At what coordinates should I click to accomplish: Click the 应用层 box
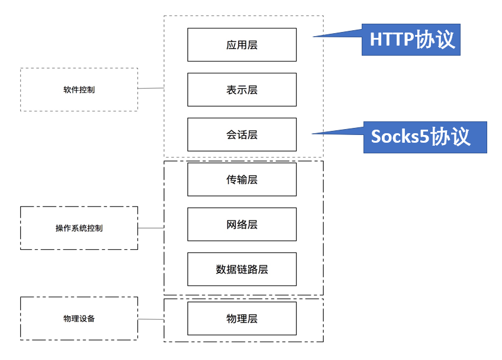(242, 44)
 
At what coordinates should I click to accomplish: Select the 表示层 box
(242, 89)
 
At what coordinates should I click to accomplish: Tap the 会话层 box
(242, 134)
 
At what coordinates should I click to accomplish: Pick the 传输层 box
(242, 179)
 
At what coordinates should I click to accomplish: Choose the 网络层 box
(242, 224)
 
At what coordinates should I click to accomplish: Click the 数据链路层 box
(242, 269)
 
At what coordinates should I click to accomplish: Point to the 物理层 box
(242, 319)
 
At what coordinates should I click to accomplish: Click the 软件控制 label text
(79, 89)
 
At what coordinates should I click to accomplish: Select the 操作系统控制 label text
(79, 228)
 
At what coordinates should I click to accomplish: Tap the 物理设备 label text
(79, 319)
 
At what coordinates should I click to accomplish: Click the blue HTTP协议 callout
(411, 40)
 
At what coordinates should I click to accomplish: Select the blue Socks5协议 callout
(425, 137)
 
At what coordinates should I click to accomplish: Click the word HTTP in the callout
(392, 40)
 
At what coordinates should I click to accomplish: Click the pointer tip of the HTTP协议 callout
(313, 37)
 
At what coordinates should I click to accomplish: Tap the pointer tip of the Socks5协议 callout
(312, 134)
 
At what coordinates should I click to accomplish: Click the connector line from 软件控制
(151, 88)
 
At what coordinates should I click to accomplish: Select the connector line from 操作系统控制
(151, 228)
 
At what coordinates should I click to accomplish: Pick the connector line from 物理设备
(151, 319)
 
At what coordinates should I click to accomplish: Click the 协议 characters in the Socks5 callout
(450, 137)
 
